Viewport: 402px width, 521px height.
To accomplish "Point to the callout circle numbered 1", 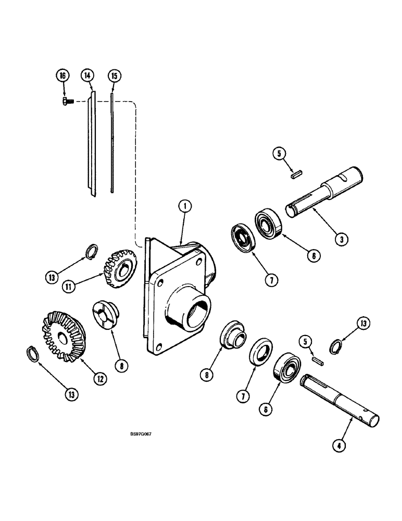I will [x=183, y=207].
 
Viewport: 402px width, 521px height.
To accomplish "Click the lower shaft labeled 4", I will [x=338, y=406].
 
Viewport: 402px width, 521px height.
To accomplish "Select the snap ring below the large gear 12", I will [x=33, y=353].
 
